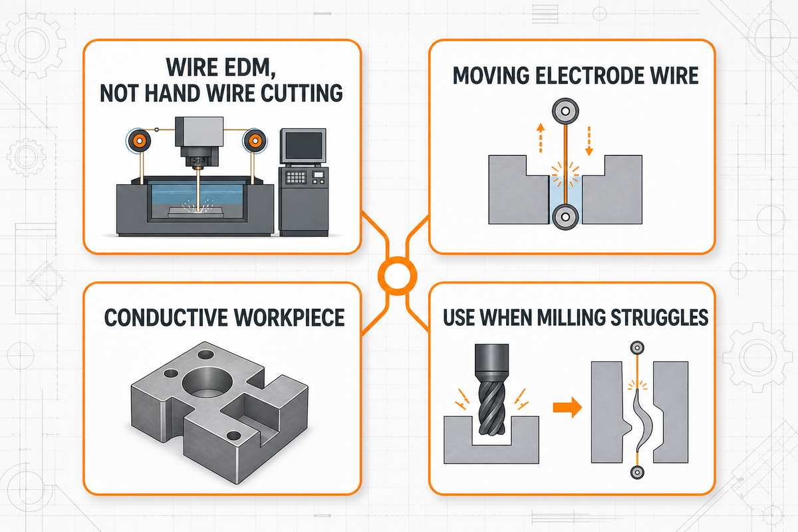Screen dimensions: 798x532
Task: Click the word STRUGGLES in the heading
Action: coord(659,317)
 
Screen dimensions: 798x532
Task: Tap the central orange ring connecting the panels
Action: coord(397,275)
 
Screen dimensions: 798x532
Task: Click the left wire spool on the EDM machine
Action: coord(139,141)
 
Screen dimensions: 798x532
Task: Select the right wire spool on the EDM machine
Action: coord(255,141)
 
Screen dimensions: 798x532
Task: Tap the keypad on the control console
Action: coord(296,177)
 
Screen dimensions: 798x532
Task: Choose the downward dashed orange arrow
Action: coord(589,141)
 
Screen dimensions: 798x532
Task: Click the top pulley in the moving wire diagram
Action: coord(565,111)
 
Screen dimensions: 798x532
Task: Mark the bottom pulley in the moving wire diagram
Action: coord(565,216)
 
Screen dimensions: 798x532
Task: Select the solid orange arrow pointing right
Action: coord(567,407)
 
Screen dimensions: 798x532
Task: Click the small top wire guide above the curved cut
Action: coord(637,348)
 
